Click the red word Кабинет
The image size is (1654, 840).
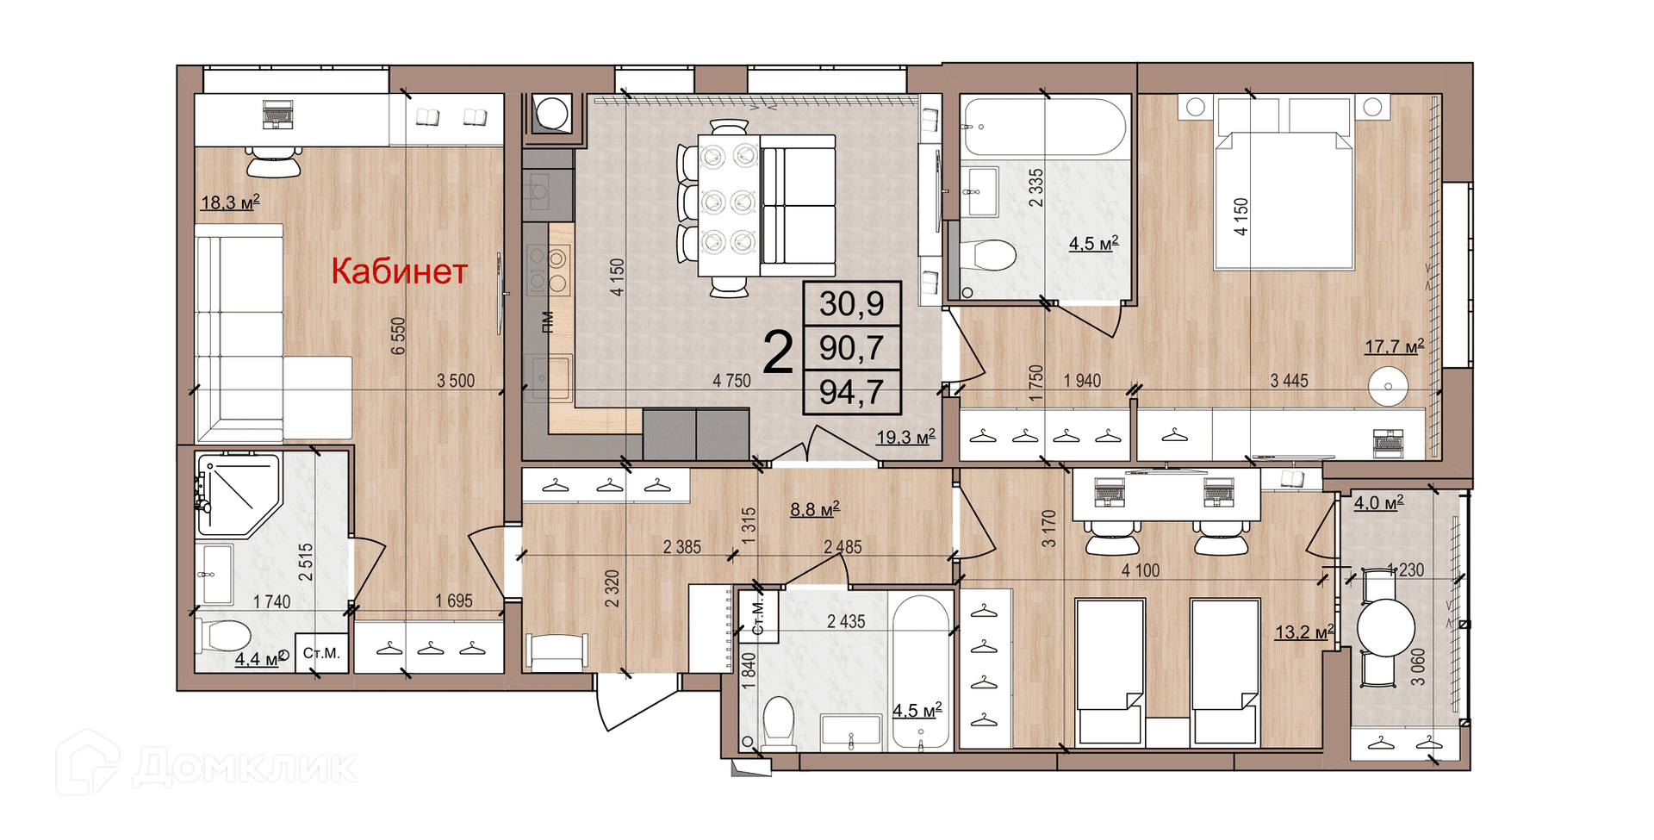[x=400, y=271]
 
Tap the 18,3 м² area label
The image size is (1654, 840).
[x=230, y=203]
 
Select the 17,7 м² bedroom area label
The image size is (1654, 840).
[x=1394, y=347]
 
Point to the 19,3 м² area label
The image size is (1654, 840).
[x=905, y=438]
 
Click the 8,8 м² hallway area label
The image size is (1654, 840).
[x=815, y=510]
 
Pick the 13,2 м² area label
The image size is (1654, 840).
[x=1304, y=632]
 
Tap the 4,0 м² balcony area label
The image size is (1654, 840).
[x=1378, y=503]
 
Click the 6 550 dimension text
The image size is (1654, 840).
[x=398, y=336]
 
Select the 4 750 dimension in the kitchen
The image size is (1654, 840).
[x=731, y=381]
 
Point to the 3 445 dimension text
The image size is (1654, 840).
[x=1289, y=381]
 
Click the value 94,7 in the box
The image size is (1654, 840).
[x=851, y=393]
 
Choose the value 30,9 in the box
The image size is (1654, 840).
[x=851, y=304]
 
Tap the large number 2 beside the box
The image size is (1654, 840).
[x=778, y=353]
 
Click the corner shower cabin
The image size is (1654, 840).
[x=237, y=495]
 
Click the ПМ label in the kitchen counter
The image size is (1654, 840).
[x=547, y=321]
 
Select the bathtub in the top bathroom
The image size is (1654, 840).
[x=1044, y=126]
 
